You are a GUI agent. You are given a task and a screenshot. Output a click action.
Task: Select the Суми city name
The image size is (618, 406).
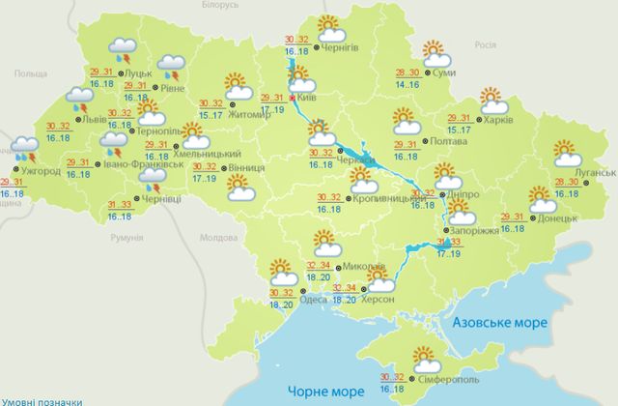[444, 72]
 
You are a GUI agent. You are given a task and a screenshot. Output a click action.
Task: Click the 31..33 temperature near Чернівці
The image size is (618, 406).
[120, 204]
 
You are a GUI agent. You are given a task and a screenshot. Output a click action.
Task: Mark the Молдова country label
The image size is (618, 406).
[216, 237]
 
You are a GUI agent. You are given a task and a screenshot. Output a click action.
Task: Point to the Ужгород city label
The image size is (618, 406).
[41, 171]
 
